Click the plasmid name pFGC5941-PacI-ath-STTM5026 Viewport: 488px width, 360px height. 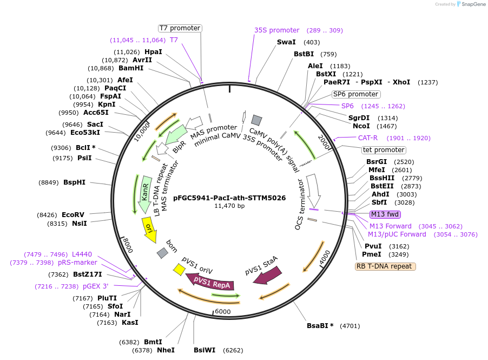click(229, 198)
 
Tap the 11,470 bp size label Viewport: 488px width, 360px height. click(229, 206)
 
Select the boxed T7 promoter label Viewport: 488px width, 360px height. click(180, 28)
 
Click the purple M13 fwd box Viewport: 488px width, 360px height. click(384, 214)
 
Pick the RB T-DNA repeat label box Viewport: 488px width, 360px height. click(385, 266)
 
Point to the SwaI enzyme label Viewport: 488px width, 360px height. click(286, 42)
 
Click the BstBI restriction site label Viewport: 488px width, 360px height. click(304, 54)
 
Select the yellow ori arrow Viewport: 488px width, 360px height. click(149, 230)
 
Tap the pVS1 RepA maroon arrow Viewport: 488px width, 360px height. click(211, 281)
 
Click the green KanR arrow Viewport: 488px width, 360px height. click(145, 194)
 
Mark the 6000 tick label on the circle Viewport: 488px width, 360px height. click(223, 312)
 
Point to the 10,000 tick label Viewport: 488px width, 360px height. click(142, 130)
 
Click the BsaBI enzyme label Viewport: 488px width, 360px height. click(320, 326)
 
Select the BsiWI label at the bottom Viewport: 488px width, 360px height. click(205, 350)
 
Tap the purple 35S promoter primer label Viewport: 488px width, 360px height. click(276, 30)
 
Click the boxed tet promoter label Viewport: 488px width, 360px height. click(383, 150)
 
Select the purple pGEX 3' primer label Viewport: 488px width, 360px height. click(95, 286)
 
